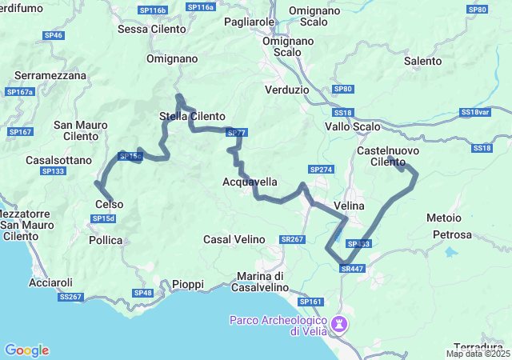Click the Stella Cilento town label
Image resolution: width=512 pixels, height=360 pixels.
192,116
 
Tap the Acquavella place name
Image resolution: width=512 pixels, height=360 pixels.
250,182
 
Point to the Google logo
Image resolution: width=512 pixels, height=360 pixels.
26,350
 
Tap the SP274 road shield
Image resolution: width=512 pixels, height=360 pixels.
321,170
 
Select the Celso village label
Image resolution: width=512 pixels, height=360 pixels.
109,204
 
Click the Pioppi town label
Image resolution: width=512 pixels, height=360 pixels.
188,284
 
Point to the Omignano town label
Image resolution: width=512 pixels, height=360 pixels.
172,58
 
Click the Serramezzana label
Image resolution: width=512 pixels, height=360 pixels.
50,74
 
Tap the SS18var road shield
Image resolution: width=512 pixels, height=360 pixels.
474,112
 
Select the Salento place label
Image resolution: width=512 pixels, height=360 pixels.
422,61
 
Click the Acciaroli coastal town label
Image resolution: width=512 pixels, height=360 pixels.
50,282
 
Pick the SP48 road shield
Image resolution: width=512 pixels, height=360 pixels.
142,293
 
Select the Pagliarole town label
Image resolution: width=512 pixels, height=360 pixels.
250,22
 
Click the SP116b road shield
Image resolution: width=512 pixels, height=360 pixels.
152,10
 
